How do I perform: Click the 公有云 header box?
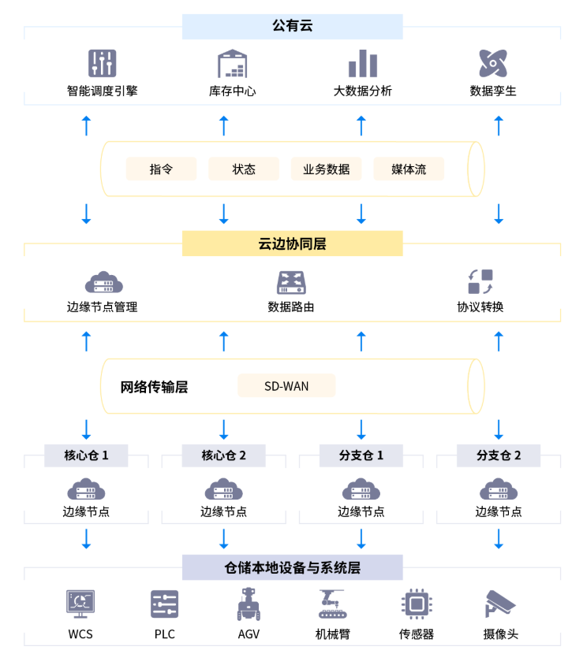tap(292, 26)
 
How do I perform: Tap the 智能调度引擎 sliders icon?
tap(103, 63)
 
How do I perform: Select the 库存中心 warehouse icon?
tap(233, 63)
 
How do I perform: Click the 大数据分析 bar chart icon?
tap(363, 63)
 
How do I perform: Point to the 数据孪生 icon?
tap(493, 63)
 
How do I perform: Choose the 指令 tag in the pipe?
tap(161, 169)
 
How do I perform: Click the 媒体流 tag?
tap(409, 169)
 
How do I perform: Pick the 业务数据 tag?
tap(326, 169)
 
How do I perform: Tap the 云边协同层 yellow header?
tap(292, 243)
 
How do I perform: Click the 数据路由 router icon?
tap(291, 282)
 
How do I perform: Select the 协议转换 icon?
tap(480, 282)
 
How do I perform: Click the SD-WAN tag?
tap(286, 385)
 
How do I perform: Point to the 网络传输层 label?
tap(154, 387)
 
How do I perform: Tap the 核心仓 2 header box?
tap(224, 455)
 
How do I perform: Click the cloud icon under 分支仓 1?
tap(361, 490)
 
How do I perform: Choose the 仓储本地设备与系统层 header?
tap(292, 567)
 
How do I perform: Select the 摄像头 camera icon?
tap(500, 604)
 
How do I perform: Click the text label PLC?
tap(164, 634)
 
